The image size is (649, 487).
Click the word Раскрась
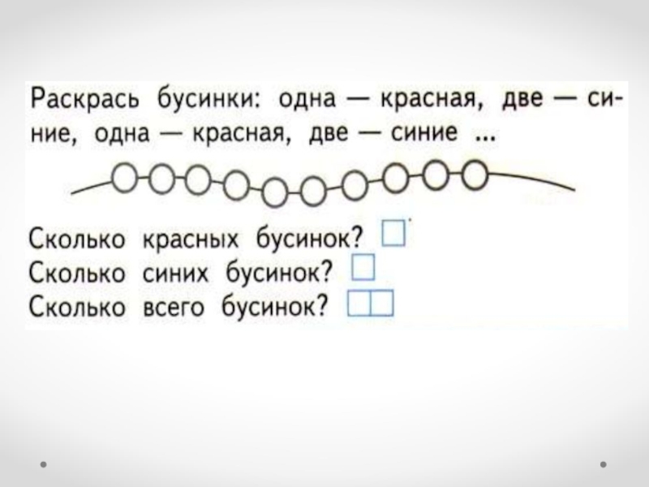click(x=80, y=101)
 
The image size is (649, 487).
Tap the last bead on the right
click(x=475, y=174)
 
